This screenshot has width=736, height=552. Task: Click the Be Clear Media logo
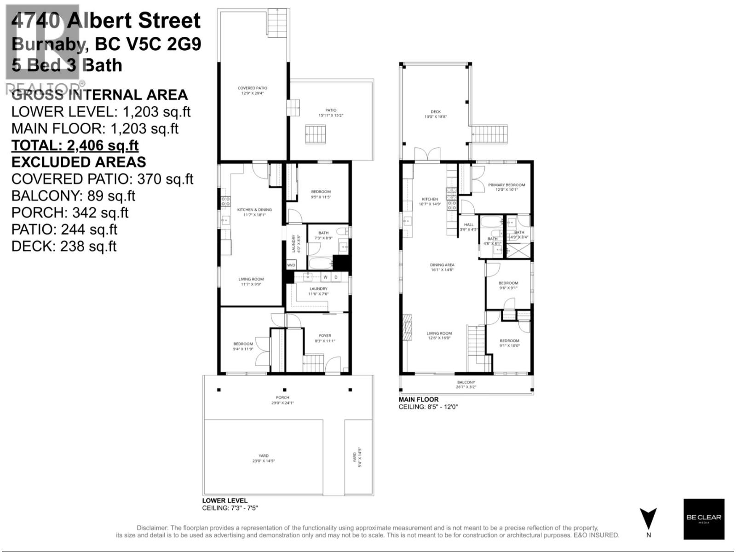pyautogui.click(x=703, y=519)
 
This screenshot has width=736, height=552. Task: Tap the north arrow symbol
pyautogui.click(x=648, y=519)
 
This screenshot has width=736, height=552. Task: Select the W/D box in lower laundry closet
pyautogui.click(x=291, y=265)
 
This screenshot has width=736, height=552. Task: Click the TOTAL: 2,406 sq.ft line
pyautogui.click(x=75, y=145)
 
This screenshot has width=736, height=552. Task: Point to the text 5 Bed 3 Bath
pyautogui.click(x=67, y=65)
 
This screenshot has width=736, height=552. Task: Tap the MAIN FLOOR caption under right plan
pyautogui.click(x=419, y=399)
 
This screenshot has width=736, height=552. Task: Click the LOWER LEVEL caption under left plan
pyautogui.click(x=225, y=500)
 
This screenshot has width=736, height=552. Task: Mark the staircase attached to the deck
pyautogui.click(x=490, y=134)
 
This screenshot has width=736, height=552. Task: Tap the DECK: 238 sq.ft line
pyautogui.click(x=64, y=246)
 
